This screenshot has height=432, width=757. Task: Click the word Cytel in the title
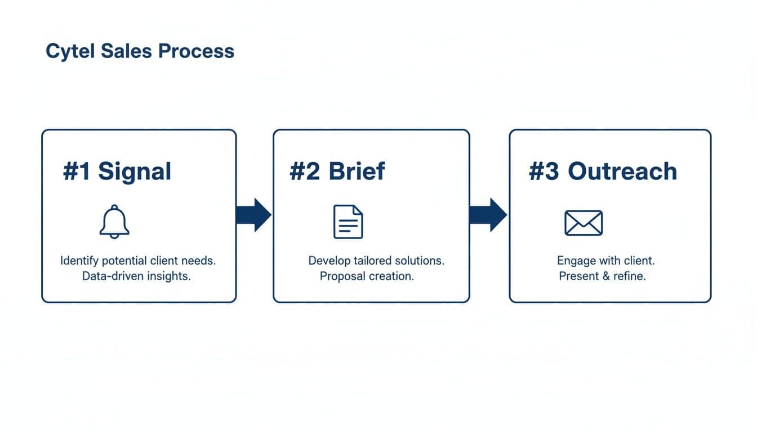click(71, 51)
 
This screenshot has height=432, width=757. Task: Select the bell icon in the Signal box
click(114, 222)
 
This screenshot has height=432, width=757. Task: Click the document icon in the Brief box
click(348, 222)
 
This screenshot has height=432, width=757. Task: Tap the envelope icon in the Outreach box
click(584, 223)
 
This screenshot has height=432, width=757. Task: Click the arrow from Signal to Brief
click(254, 215)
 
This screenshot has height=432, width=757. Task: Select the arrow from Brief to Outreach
click(488, 215)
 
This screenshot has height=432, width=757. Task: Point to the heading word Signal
click(135, 171)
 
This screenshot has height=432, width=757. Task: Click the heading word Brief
click(357, 171)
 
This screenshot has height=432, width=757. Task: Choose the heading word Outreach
click(622, 171)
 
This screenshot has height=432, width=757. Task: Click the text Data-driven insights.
click(136, 276)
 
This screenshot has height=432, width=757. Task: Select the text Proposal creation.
click(367, 276)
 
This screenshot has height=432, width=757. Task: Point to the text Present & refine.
click(602, 276)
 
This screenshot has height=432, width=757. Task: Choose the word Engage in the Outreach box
click(576, 261)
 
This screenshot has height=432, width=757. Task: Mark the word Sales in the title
click(127, 51)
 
